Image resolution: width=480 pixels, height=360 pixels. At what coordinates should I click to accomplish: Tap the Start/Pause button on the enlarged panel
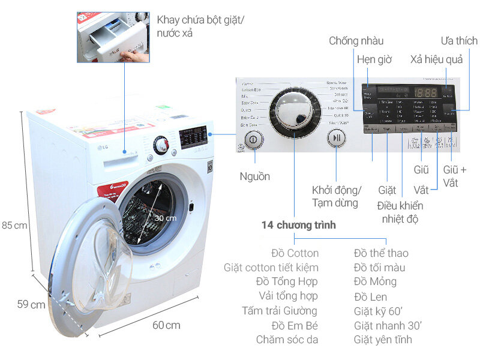pos(337,138)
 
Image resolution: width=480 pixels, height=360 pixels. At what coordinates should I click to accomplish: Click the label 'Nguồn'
pos(254,176)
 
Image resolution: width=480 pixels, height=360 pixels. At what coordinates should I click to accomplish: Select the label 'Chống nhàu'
pos(356,41)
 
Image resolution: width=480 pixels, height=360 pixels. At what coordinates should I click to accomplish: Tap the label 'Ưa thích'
pos(459,41)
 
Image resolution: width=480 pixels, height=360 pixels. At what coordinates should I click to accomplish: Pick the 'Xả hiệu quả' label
pos(440,60)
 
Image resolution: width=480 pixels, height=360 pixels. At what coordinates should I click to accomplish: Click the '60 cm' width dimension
pos(166,325)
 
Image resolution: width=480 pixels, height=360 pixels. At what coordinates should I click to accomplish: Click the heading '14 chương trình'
pos(298,226)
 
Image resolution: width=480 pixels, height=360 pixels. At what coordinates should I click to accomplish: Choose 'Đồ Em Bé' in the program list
pos(294,325)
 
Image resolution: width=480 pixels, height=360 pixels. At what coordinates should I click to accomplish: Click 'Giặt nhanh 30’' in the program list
pos(388,325)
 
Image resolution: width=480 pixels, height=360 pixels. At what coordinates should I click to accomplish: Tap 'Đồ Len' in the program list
pos(370,296)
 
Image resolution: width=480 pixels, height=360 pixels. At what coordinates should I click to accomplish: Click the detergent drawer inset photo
pos(113,37)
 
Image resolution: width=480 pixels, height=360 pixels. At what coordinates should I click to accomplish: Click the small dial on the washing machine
pos(160,145)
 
